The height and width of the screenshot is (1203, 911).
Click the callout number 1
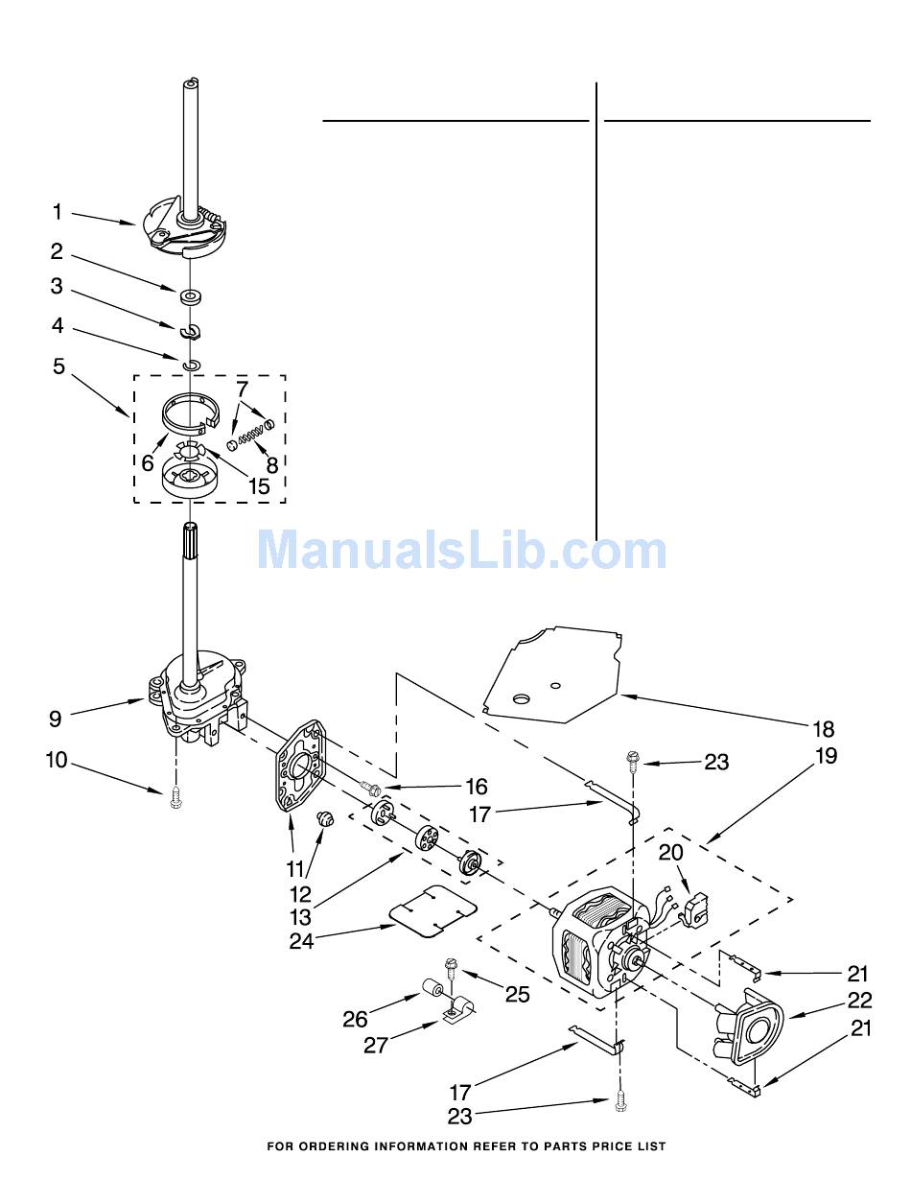click(57, 212)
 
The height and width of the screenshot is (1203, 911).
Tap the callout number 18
click(823, 728)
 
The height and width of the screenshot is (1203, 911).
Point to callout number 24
click(302, 941)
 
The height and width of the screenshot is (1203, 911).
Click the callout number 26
click(355, 1019)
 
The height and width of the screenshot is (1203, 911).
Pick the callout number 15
click(259, 485)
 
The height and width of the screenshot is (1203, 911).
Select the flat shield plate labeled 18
click(551, 672)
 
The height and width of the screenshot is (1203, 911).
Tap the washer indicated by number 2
click(190, 295)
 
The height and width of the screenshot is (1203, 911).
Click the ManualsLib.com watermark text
click(461, 551)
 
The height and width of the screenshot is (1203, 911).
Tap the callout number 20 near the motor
click(670, 851)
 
